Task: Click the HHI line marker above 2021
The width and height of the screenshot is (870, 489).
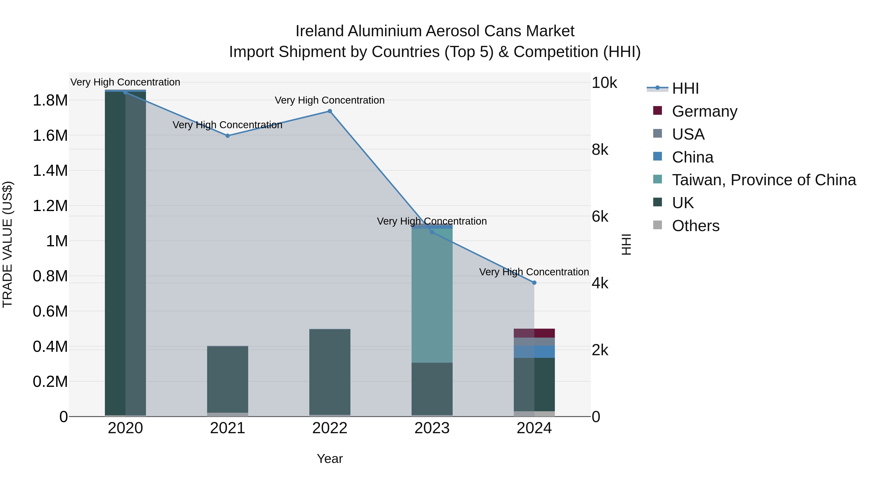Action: click(x=228, y=136)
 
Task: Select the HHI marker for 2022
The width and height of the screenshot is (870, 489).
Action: click(x=330, y=111)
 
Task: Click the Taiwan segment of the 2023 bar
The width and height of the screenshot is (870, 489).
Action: click(x=432, y=295)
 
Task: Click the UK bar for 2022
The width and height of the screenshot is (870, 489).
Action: click(x=330, y=371)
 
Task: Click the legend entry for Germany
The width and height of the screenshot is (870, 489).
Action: click(x=704, y=111)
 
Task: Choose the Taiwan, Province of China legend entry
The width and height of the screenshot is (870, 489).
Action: click(x=763, y=180)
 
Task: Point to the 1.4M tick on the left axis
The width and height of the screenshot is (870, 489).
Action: click(x=50, y=170)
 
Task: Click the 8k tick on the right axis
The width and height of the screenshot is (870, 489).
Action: click(x=600, y=149)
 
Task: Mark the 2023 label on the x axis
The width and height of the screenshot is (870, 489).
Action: click(x=432, y=428)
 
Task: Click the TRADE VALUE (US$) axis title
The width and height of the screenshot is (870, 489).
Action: click(x=7, y=244)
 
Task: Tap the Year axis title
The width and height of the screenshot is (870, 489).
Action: click(x=330, y=459)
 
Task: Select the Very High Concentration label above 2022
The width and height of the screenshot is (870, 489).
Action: click(x=330, y=100)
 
